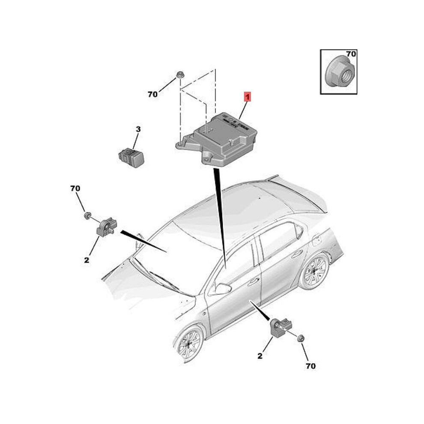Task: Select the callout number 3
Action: coord(138,129)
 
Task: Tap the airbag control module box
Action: coord(216,140)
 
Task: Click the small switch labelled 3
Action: coord(131,157)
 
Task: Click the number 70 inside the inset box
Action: coord(351,54)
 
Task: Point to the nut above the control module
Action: coord(179,75)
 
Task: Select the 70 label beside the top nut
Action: coord(152,94)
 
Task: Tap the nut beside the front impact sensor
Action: coord(87,215)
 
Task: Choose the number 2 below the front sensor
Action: coord(87,260)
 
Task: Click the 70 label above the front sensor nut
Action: coord(75,188)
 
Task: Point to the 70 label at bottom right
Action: coord(311,366)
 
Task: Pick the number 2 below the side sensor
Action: coord(260,356)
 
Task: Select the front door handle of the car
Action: coord(253,282)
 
